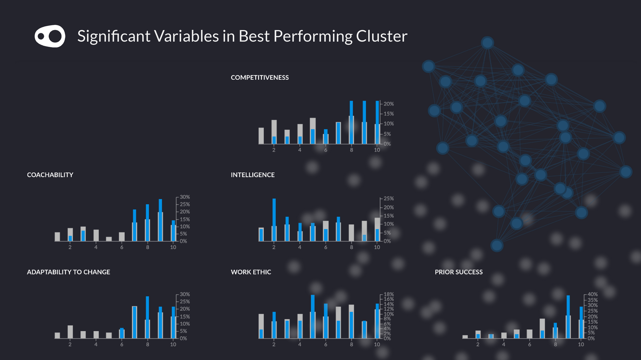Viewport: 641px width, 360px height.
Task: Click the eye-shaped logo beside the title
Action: coord(50,36)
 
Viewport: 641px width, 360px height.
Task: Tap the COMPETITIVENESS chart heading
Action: coord(260,78)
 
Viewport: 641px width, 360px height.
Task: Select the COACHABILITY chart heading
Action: coord(50,175)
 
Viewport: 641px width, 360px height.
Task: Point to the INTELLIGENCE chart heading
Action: coord(253,175)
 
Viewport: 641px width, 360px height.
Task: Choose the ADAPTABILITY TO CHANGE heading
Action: coord(68,272)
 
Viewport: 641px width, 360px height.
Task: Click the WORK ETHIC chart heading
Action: coord(251,272)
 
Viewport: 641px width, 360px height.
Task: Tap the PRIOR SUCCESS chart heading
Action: coord(459,272)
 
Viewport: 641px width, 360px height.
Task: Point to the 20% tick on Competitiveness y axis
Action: coord(388,104)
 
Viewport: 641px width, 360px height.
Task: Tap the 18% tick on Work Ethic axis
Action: coord(388,294)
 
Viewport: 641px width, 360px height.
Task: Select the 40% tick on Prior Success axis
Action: coord(592,294)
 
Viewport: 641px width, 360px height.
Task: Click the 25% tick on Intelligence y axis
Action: coord(388,199)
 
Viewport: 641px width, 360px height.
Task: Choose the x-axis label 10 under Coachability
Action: coord(173,247)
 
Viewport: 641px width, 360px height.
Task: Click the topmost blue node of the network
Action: coord(487,43)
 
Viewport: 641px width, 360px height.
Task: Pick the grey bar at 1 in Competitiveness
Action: coord(261,136)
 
